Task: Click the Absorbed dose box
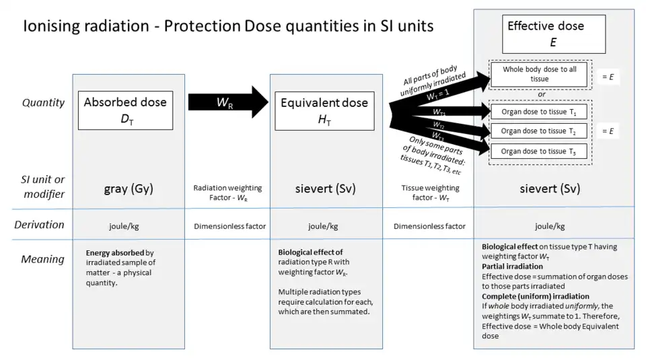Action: pyautogui.click(x=125, y=110)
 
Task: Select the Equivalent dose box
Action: pyautogui.click(x=324, y=110)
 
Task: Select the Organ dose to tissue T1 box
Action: pyautogui.click(x=538, y=111)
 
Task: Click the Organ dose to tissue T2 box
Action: pyautogui.click(x=538, y=131)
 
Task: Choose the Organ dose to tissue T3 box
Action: pyautogui.click(x=538, y=151)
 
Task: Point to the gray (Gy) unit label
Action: pyautogui.click(x=128, y=189)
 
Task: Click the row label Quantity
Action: pyautogui.click(x=44, y=103)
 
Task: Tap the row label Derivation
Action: pyautogui.click(x=40, y=225)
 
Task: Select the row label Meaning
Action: pyautogui.click(x=42, y=259)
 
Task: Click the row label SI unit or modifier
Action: pyautogui.click(x=42, y=186)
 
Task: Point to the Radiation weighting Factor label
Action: pyautogui.click(x=227, y=193)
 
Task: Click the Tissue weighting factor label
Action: pyautogui.click(x=426, y=193)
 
